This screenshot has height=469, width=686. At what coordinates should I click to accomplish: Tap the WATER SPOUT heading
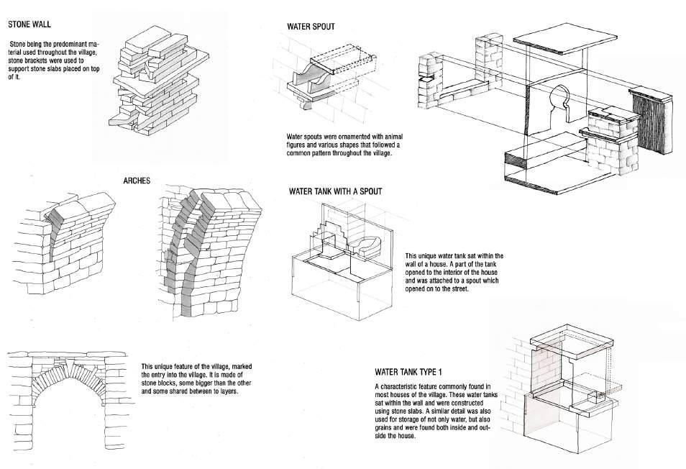[x=311, y=27]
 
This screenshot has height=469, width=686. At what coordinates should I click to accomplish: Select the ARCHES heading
[x=137, y=180]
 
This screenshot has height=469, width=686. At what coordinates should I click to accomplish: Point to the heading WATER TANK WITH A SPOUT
[x=335, y=191]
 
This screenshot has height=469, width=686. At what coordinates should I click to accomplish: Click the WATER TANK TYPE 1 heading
[x=408, y=372]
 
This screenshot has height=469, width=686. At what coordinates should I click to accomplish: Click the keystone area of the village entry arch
[x=65, y=370]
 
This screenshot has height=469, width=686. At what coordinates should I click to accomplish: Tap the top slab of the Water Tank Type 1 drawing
[x=568, y=342]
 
